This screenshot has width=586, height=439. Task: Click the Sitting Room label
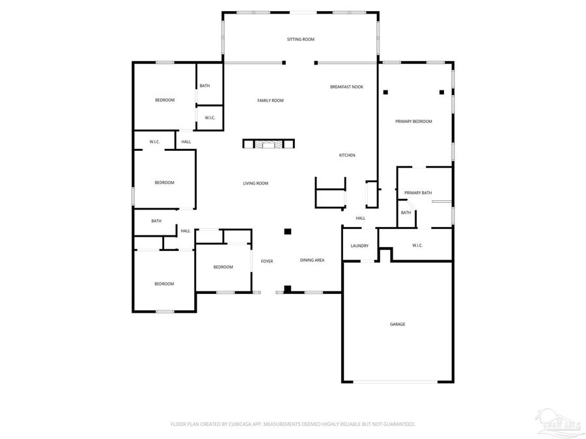(301, 40)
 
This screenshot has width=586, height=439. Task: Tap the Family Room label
(270, 100)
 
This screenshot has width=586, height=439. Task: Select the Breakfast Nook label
(346, 86)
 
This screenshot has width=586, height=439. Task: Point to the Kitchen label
(346, 155)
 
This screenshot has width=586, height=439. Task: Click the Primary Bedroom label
(413, 122)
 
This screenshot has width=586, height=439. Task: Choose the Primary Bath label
(417, 193)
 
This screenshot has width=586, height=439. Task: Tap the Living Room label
(255, 183)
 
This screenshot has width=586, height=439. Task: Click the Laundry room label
(359, 246)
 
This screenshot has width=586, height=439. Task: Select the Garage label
(397, 324)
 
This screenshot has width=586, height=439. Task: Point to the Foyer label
(267, 261)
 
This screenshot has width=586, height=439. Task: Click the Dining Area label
(312, 260)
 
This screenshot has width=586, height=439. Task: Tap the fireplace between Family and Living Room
(269, 144)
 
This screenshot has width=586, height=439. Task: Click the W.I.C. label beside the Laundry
(417, 245)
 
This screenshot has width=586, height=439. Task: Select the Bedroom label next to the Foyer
(223, 267)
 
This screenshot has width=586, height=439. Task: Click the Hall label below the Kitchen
(360, 218)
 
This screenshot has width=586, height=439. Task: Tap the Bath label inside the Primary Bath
(406, 213)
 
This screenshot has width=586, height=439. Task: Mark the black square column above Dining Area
(287, 231)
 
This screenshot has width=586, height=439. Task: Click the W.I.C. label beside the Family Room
(210, 118)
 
